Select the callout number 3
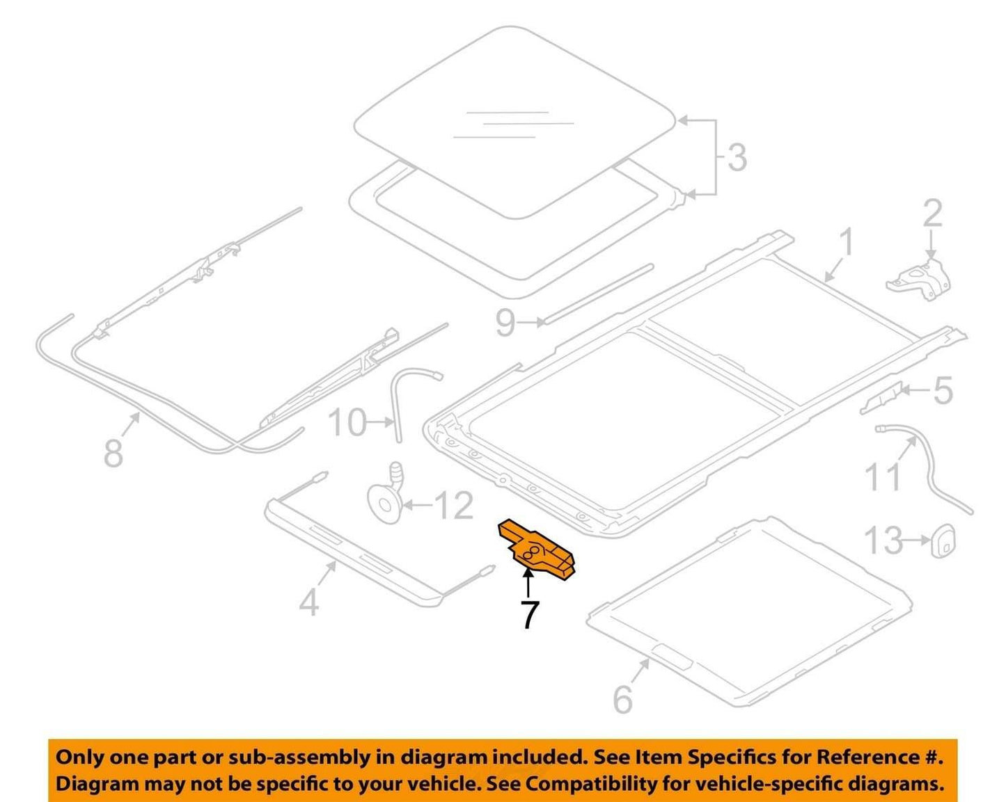[737, 157]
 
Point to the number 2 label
[932, 214]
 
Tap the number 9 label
[505, 323]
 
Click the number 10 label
[347, 422]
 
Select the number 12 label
[454, 506]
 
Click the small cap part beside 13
[943, 541]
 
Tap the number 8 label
[113, 453]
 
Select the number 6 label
[622, 699]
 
